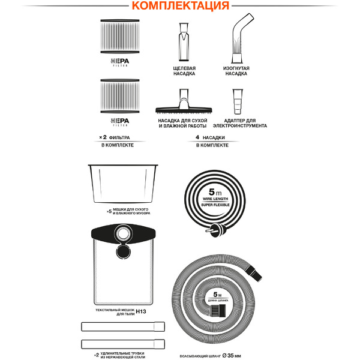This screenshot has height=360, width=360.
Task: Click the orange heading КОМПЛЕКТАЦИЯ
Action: [x=181, y=5]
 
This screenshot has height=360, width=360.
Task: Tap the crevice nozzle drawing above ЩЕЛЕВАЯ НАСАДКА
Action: [x=184, y=42]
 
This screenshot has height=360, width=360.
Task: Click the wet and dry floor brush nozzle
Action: [x=184, y=101]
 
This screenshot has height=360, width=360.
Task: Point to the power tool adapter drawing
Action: [x=238, y=101]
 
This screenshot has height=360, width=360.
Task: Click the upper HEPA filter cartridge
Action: [x=120, y=36]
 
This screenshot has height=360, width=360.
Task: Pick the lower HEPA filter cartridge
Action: [x=120, y=96]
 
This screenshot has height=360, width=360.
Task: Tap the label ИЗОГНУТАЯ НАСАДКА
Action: [x=236, y=71]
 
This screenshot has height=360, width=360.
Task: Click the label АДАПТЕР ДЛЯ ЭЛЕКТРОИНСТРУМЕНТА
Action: [x=239, y=123]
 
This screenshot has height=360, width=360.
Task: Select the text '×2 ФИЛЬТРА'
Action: [x=115, y=137]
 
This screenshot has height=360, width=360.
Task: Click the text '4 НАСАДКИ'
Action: [x=210, y=137]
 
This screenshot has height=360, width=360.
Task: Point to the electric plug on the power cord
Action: [x=214, y=231]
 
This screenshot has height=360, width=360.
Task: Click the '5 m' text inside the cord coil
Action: [x=215, y=192]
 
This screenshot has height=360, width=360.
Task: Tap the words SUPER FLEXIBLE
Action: [x=215, y=205]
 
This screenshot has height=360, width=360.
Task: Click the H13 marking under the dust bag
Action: [x=141, y=311]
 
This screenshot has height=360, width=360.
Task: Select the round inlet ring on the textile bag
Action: [x=123, y=234]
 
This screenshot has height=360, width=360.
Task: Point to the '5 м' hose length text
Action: [x=217, y=295]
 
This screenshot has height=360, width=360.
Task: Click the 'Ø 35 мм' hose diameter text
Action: [x=232, y=356]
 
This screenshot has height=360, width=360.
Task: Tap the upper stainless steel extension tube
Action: [x=123, y=326]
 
